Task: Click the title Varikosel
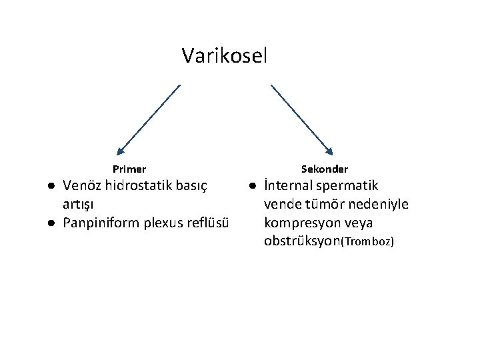point(224,55)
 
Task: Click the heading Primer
point(129,169)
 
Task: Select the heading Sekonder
point(325,169)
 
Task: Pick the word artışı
point(79,203)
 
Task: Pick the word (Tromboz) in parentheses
point(367,241)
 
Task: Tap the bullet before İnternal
point(253,185)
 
